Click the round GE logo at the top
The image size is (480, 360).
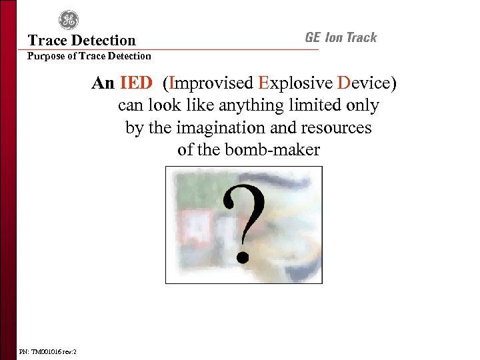point(68,20)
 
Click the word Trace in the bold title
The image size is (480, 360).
point(46,41)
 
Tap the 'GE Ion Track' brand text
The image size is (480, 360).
point(341,38)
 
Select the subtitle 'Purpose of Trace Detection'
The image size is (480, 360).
point(89,57)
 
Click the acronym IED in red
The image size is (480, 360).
point(136,84)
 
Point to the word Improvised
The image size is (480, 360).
point(211,84)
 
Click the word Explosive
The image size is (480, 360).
point(295,84)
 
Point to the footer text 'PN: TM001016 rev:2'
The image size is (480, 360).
point(47,351)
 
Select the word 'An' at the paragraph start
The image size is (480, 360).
point(103,84)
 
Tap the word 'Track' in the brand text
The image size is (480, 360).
point(360,38)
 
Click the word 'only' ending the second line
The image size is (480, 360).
point(365,106)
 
